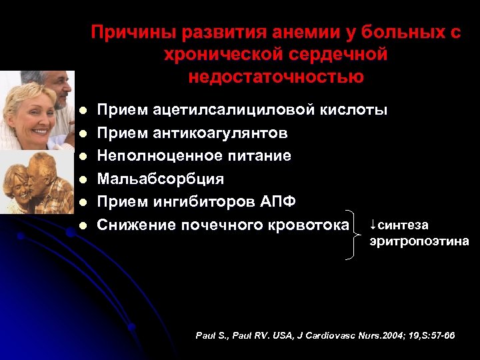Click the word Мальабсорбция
[161, 179]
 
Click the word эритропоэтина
[419, 241]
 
